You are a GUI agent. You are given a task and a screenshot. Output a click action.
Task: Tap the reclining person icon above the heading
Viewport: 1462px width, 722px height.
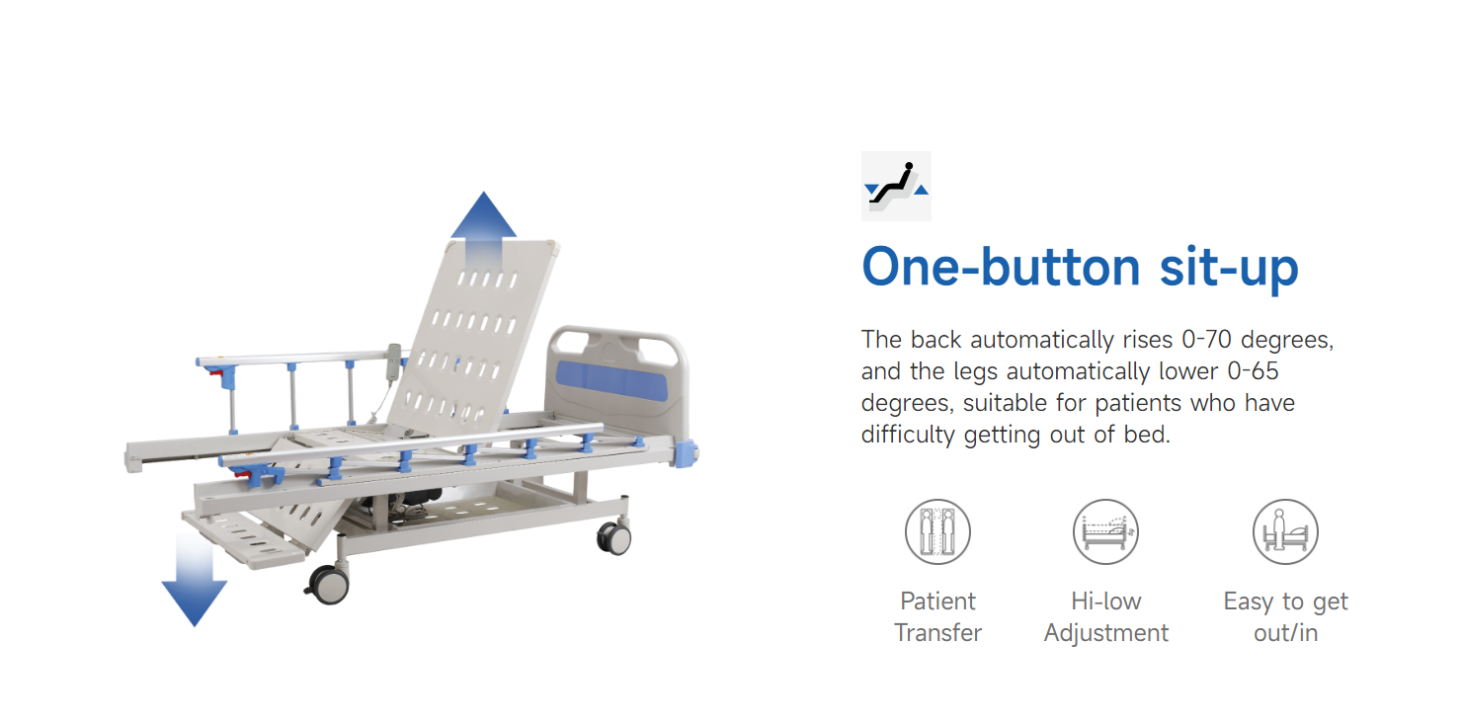(x=896, y=186)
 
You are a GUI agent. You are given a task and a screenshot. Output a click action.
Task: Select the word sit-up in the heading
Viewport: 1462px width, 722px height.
(x=1229, y=269)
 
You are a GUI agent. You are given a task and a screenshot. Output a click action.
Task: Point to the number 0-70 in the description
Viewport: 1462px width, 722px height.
(x=1206, y=340)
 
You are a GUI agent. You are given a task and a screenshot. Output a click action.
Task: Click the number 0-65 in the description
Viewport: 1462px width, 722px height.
(x=1254, y=370)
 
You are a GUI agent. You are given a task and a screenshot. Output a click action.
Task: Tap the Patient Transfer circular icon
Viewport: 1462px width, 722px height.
(x=937, y=532)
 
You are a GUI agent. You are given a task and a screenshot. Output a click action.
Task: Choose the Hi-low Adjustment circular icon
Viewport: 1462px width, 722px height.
(x=1105, y=532)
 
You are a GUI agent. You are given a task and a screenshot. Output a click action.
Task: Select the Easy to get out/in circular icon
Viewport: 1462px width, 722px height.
(x=1285, y=532)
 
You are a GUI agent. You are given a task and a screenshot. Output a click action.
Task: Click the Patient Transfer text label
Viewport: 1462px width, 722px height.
(x=937, y=617)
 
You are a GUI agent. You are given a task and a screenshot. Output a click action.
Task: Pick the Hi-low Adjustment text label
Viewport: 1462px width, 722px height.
(x=1106, y=617)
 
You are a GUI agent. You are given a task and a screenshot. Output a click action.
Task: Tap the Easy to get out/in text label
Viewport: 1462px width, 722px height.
(x=1286, y=617)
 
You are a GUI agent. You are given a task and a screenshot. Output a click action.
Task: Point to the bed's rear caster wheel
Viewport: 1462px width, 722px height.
(x=614, y=538)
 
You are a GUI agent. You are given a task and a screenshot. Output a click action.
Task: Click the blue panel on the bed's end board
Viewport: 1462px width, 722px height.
(x=610, y=380)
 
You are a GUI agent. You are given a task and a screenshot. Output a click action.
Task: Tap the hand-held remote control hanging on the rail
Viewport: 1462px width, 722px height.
(x=393, y=361)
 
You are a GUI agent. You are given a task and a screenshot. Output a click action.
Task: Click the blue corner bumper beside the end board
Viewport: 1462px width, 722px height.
(x=686, y=453)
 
